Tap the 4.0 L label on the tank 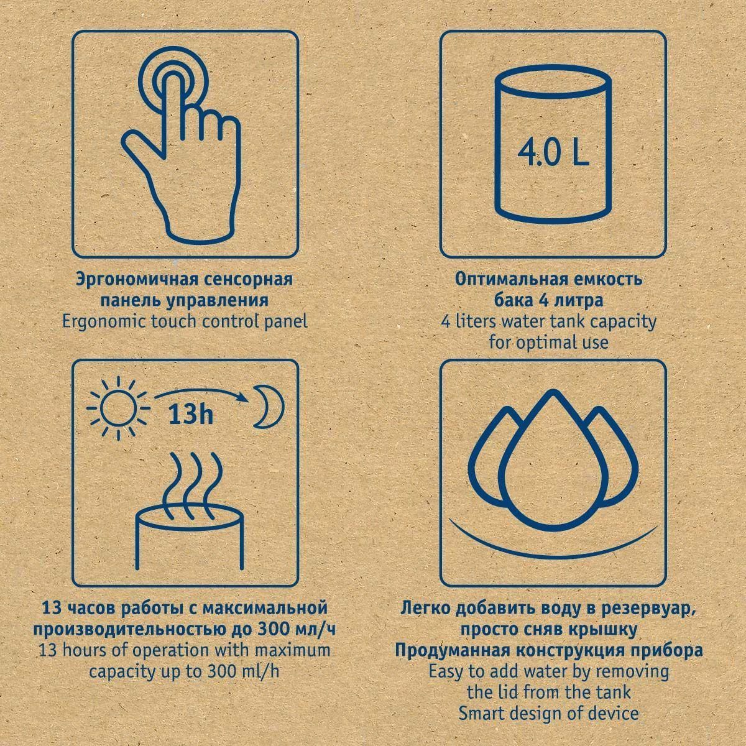553,154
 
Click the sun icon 118,408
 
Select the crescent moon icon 269,407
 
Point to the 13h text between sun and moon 190,415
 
